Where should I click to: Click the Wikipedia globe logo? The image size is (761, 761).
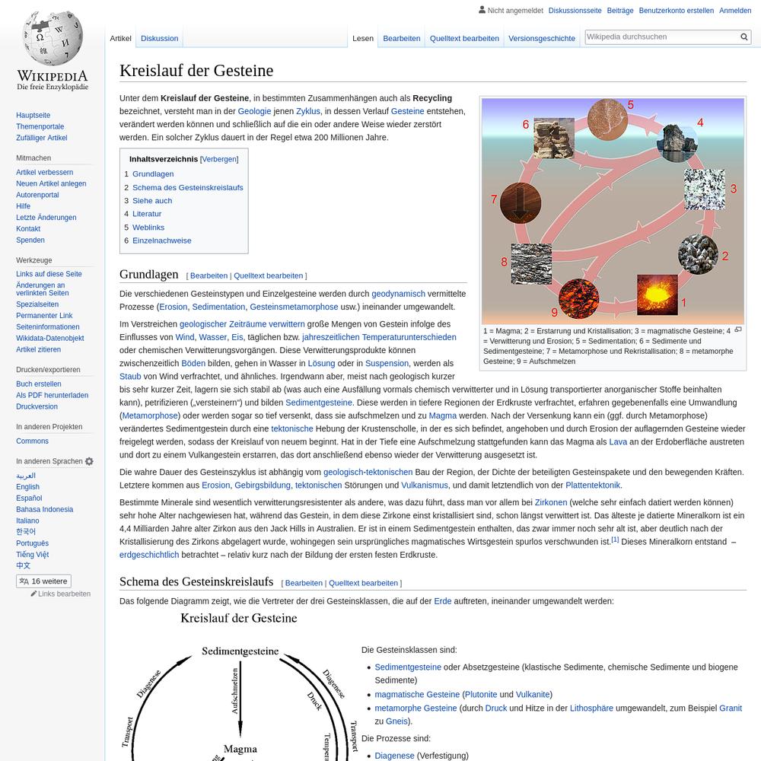click(x=52, y=38)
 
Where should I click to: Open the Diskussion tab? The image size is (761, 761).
click(x=160, y=38)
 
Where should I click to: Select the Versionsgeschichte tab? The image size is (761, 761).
click(x=542, y=38)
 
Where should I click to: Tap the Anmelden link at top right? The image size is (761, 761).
click(x=735, y=11)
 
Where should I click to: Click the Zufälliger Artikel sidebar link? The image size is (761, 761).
click(x=42, y=138)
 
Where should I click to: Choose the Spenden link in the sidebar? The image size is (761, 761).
click(x=30, y=240)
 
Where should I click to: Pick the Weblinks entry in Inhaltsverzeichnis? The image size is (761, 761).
click(x=148, y=227)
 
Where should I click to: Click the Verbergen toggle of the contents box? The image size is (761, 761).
click(x=219, y=159)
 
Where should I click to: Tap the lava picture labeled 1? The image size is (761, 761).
click(x=657, y=295)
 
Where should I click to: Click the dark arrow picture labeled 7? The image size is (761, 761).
click(x=521, y=204)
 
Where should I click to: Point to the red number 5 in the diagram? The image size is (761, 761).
click(x=630, y=105)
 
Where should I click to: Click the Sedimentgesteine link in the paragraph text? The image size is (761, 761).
click(x=319, y=403)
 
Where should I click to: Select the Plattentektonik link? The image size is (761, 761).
click(x=593, y=485)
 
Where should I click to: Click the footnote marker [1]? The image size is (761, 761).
click(x=615, y=540)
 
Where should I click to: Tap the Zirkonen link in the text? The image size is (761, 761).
click(x=550, y=502)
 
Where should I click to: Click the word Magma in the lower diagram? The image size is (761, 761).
click(x=240, y=749)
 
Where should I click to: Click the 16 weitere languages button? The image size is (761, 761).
click(x=43, y=581)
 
